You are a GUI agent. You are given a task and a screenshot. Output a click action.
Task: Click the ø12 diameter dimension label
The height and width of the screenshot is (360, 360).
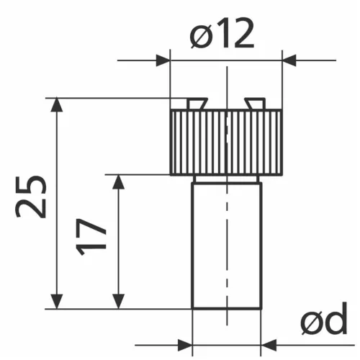[x=222, y=33]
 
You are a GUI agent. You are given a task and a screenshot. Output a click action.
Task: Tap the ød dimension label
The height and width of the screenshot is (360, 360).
[x=324, y=319]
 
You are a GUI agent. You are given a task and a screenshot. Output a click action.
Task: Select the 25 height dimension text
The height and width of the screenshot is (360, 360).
[x=31, y=197]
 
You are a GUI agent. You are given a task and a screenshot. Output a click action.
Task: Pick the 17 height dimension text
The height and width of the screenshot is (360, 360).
[x=91, y=237]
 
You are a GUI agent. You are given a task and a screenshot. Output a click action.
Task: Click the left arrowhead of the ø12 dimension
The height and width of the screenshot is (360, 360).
[x=163, y=60]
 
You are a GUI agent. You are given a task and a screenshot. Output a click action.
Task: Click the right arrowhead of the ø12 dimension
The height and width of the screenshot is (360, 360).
[x=289, y=60]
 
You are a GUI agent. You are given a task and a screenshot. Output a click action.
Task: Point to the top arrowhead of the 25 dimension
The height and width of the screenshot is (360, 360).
[x=57, y=104]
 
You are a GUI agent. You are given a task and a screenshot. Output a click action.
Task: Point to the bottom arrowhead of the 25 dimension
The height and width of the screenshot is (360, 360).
[x=57, y=302]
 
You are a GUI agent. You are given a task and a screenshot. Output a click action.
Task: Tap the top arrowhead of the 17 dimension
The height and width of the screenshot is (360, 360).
[x=118, y=182]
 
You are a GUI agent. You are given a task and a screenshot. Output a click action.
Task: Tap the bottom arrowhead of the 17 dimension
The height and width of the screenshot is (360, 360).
[x=118, y=302]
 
